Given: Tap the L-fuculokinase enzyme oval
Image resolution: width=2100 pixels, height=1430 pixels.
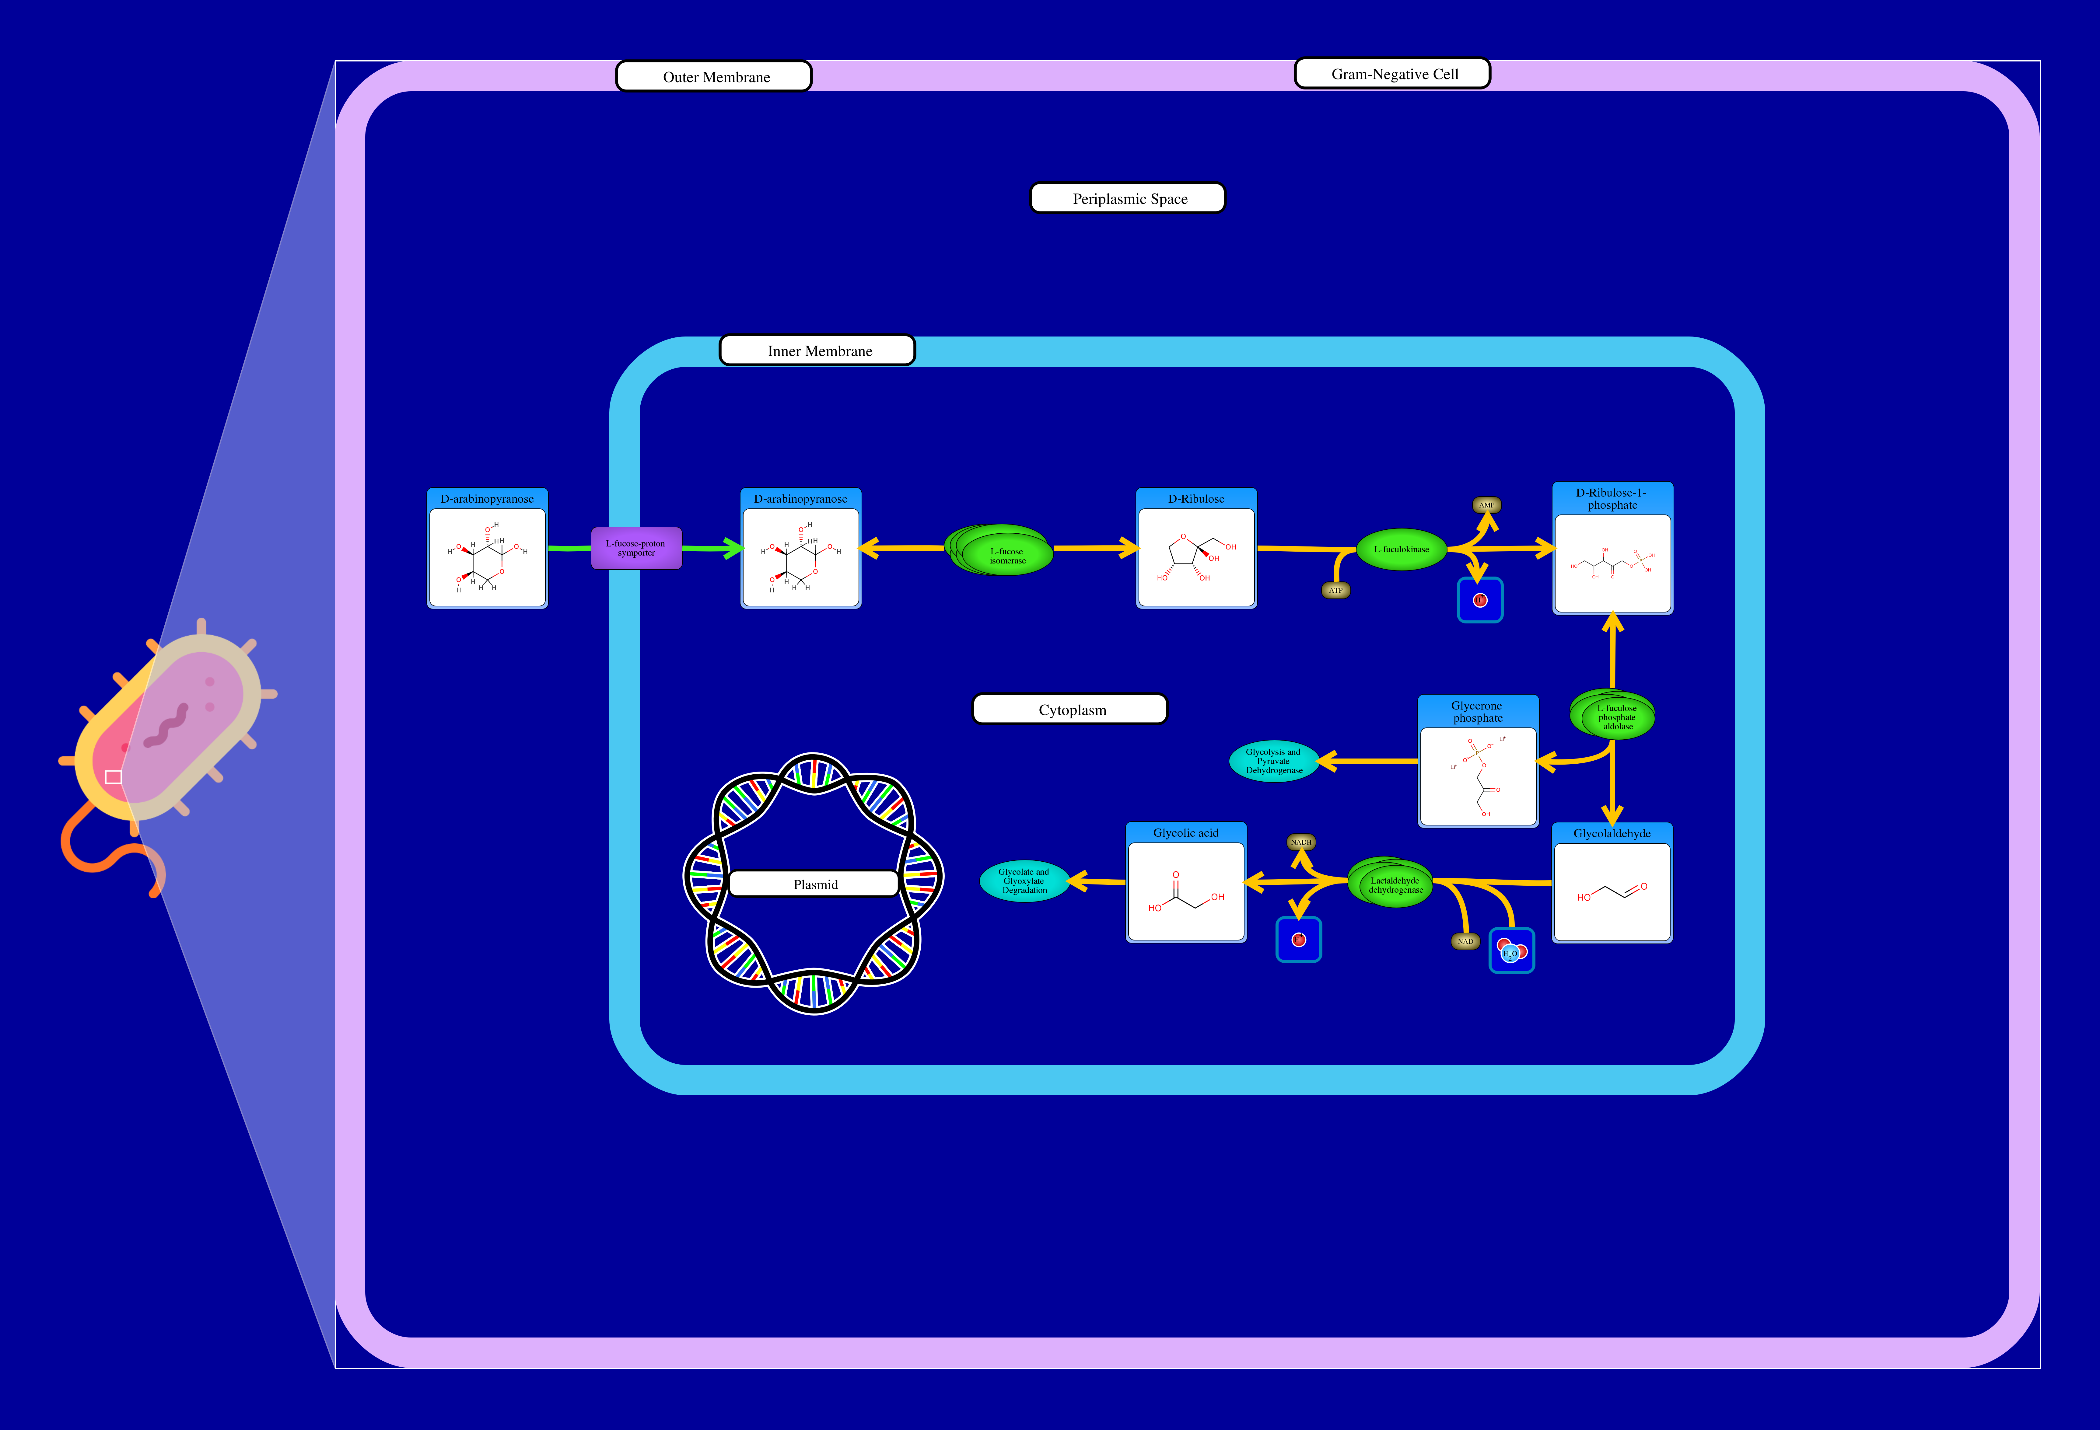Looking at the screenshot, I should [x=1402, y=549].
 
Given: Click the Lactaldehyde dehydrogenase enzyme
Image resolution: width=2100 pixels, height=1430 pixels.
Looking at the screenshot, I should [x=1392, y=884].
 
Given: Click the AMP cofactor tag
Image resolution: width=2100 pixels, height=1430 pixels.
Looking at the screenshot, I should [x=1486, y=505].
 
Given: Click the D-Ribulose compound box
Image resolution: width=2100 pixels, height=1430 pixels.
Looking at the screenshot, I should [x=1195, y=548].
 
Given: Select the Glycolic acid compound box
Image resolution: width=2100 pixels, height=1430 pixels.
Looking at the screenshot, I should [x=1185, y=883].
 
